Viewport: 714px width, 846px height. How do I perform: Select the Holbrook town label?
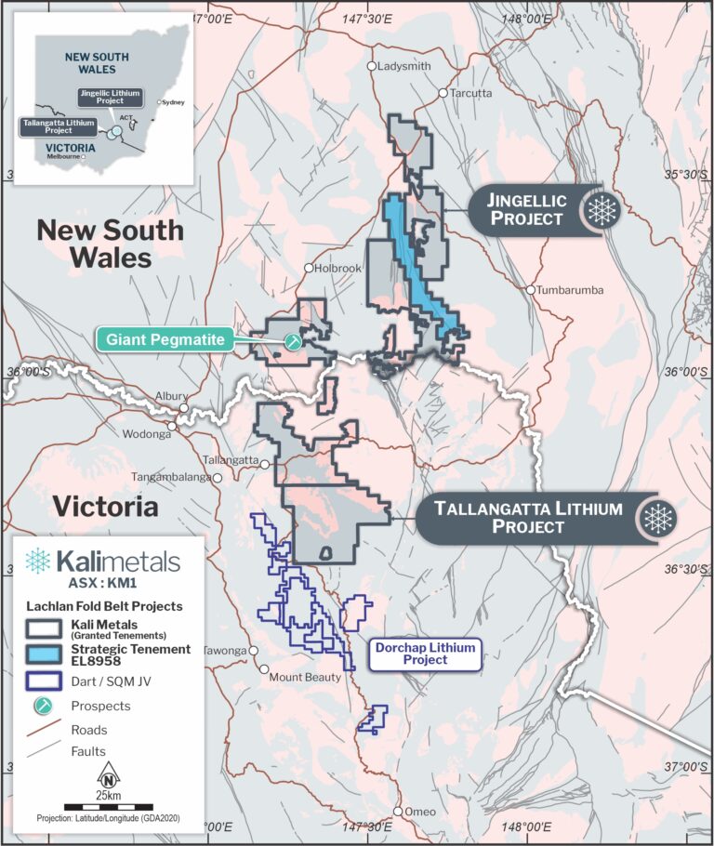click(x=337, y=268)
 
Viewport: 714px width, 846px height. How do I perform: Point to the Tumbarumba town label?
click(x=570, y=290)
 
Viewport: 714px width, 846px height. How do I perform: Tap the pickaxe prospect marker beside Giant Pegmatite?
click(x=294, y=341)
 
